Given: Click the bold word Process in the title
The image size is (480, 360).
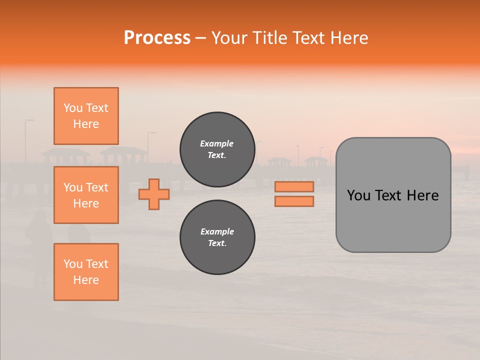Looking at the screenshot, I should coord(157,38).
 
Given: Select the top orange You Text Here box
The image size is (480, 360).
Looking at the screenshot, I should coord(86,116).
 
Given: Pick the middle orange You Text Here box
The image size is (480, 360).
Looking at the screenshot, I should coord(86,195).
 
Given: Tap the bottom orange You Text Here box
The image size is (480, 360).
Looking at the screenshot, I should coord(86,272).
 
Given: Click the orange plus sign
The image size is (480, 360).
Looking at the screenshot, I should coord(154,194).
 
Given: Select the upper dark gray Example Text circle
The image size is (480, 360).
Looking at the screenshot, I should coord(217,149).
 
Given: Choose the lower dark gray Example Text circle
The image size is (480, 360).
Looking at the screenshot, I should coord(217,237).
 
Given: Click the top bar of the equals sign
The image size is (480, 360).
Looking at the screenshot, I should coord(294,187).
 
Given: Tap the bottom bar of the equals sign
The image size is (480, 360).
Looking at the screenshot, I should coord(294,201).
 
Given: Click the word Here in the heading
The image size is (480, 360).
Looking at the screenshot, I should coord(350,38).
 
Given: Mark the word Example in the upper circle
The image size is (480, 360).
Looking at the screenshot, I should coord(217,143).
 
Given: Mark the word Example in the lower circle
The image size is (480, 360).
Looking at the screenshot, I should coord(217,231).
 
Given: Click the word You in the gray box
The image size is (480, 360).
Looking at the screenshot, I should coord(358,195).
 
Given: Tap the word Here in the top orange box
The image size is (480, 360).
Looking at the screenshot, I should coord(86,124).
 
